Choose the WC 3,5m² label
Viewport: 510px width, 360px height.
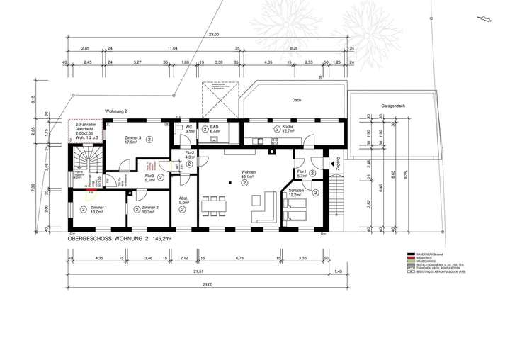pyautogui.click(x=190, y=129)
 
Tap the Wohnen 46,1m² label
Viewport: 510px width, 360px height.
pyautogui.click(x=248, y=174)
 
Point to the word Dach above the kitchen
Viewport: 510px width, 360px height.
pyautogui.click(x=296, y=101)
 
